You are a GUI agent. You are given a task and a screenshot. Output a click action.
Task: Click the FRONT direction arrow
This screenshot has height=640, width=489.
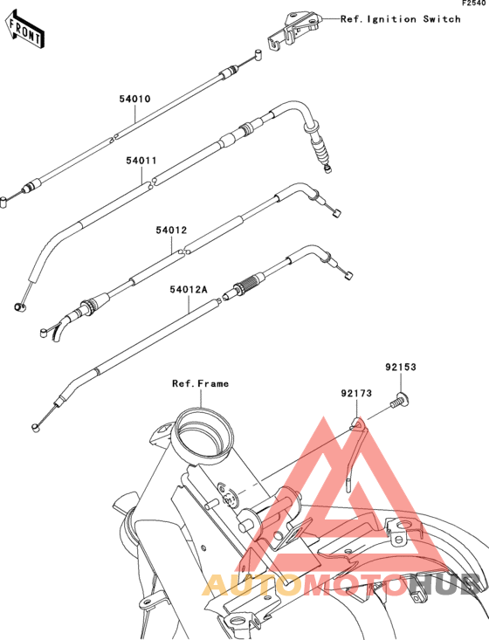[x=24, y=30]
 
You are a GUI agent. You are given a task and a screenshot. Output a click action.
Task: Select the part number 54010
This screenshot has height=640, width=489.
[x=134, y=99]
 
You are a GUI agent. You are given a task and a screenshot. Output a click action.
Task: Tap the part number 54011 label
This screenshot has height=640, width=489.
[x=141, y=161]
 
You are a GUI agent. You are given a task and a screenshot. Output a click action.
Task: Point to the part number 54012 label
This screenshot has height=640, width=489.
[x=171, y=231]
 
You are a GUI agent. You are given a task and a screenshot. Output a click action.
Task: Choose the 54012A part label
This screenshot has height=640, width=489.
[x=189, y=289]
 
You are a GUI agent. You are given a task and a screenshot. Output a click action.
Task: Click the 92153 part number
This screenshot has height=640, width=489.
[x=401, y=367]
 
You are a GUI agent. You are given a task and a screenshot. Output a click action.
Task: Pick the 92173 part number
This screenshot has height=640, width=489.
[x=356, y=393]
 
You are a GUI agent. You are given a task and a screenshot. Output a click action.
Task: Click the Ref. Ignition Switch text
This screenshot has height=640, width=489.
[x=401, y=19]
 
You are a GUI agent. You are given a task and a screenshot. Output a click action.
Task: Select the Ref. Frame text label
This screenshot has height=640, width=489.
[x=201, y=383]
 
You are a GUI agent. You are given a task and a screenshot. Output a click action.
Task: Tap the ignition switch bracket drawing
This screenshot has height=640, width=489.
[x=294, y=31]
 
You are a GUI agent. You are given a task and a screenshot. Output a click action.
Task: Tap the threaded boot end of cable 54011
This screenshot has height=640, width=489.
[x=320, y=149]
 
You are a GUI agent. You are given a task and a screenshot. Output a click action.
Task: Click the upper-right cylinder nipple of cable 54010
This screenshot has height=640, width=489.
[x=257, y=55]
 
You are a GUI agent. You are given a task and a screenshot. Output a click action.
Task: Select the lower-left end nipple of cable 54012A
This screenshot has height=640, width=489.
[x=36, y=428]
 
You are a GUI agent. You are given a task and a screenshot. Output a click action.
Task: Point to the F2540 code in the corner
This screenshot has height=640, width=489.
[x=475, y=3]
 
